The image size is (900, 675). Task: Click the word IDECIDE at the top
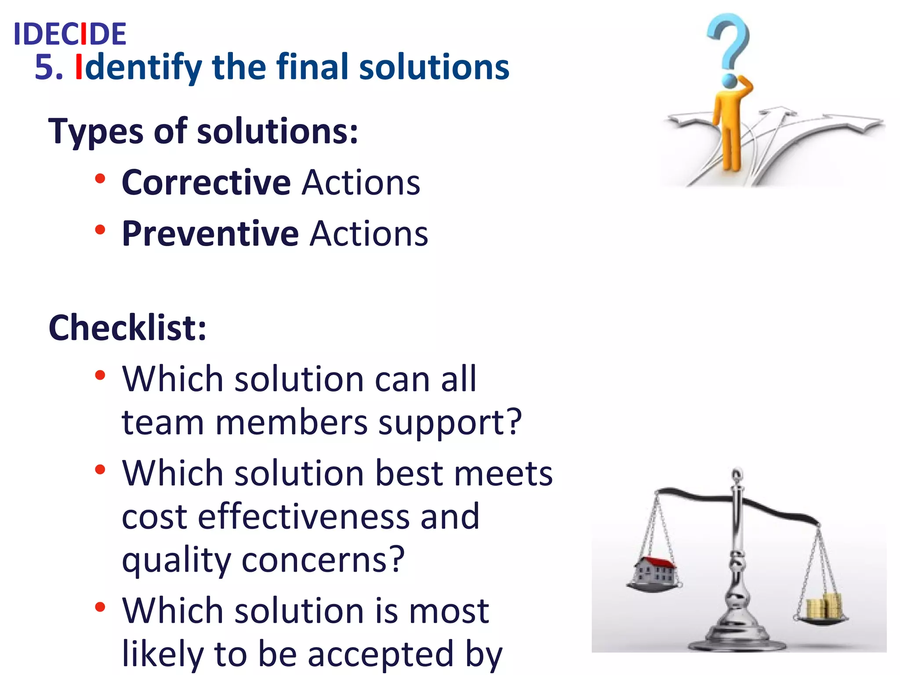70,34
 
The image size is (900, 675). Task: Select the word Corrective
206,182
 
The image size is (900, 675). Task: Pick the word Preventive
210,233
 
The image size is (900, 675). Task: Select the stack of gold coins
824,606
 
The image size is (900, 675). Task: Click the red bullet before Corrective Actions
100,179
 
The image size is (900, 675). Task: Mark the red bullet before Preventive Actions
100,230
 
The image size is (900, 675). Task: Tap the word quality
176,561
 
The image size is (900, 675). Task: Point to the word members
291,423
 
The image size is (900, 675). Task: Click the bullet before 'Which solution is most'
100,607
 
